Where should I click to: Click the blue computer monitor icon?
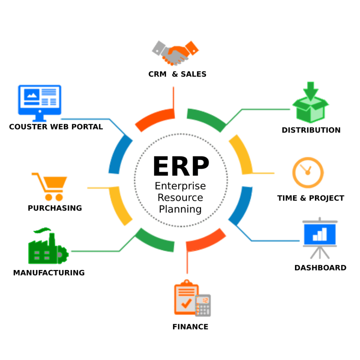click(39, 99)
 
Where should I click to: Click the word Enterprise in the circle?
click(180, 186)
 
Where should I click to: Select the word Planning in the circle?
click(180, 210)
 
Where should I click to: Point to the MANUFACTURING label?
click(49, 272)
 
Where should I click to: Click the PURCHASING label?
click(55, 208)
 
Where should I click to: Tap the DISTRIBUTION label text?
click(311, 130)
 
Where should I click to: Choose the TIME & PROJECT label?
click(310, 198)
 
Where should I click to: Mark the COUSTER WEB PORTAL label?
click(56, 127)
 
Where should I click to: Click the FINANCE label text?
click(190, 327)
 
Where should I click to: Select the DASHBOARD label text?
click(320, 268)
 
